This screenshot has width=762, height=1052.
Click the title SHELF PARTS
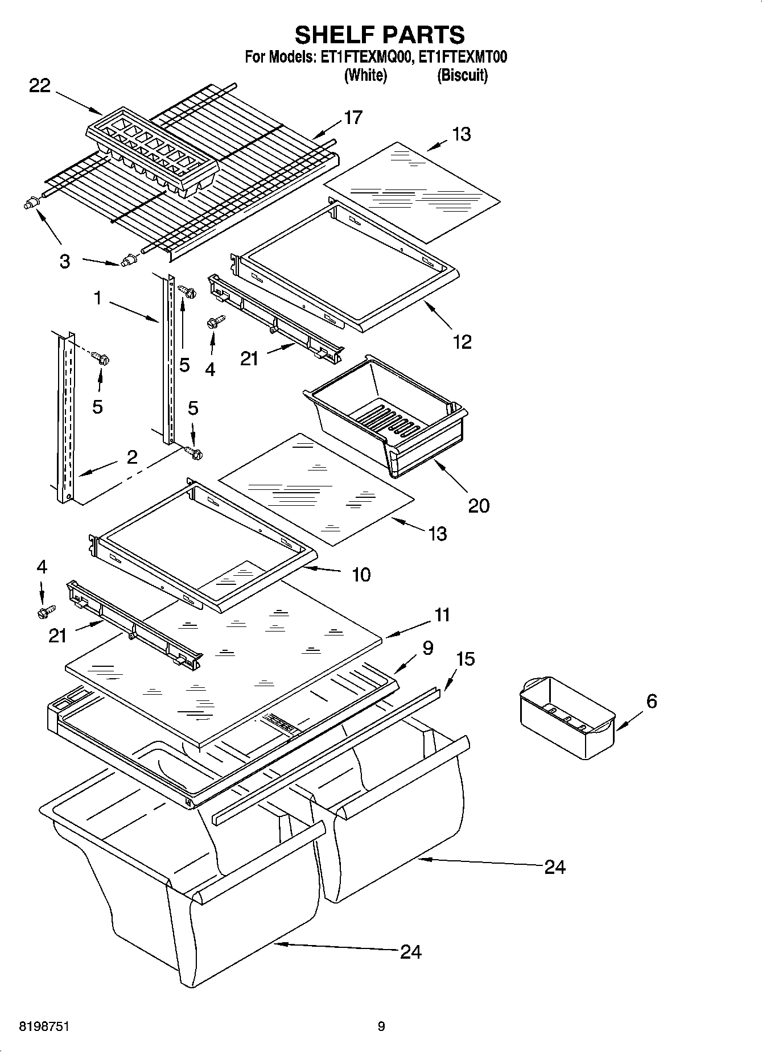tap(380, 35)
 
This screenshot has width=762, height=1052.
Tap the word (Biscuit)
tap(462, 75)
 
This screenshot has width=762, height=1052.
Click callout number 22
tap(40, 86)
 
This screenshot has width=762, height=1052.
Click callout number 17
tap(353, 118)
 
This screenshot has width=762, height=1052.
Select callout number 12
tap(462, 342)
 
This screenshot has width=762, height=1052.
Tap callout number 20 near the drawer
tap(479, 505)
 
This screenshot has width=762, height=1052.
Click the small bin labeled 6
tap(567, 718)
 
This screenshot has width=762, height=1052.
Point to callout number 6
tap(652, 701)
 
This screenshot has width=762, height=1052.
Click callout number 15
tap(466, 659)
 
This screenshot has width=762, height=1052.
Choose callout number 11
tap(442, 615)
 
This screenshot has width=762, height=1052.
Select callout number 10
tap(361, 575)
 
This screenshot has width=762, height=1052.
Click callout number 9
tap(428, 647)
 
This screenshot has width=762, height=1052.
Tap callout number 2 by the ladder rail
tap(132, 457)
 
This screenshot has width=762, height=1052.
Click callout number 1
tap(98, 298)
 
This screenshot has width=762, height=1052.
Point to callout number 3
tap(65, 262)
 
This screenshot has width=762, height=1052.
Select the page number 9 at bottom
tap(381, 1027)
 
